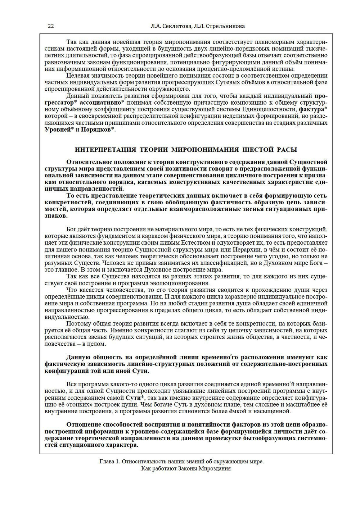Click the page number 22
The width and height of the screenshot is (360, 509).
click(51, 26)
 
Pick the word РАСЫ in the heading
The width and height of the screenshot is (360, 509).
click(287, 149)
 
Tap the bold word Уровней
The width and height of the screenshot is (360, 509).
click(57, 129)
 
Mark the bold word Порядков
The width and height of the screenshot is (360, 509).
click(95, 129)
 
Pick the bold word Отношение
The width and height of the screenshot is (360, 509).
click(84, 424)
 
